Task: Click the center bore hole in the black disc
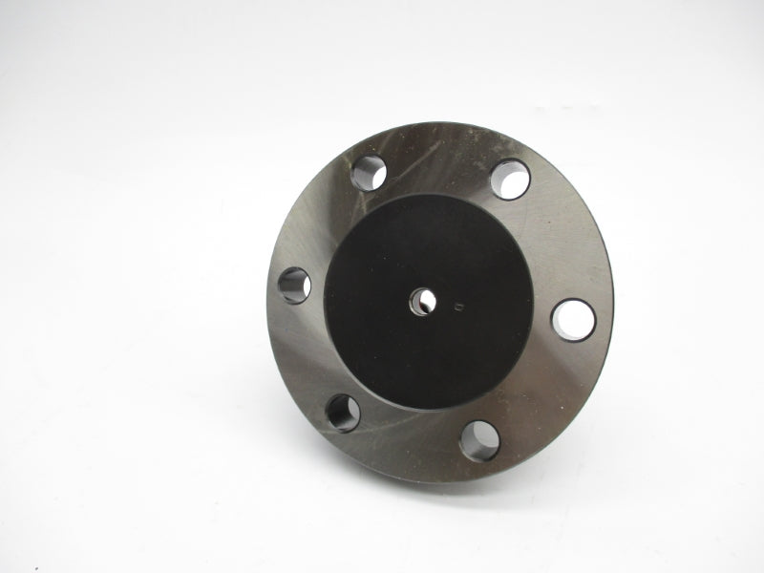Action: point(424,302)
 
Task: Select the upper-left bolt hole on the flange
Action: point(368,173)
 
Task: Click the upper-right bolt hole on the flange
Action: point(511,179)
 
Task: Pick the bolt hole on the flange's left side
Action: point(294,285)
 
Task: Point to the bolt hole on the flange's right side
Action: point(574,320)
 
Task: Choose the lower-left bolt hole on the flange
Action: point(343,413)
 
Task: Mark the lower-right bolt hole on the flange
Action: point(479,440)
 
